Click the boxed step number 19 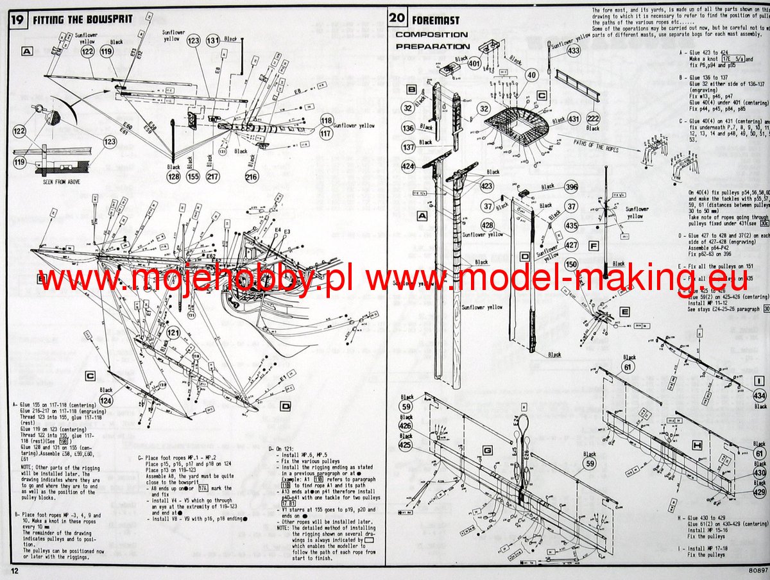coord(17,19)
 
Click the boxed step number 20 coord(398,18)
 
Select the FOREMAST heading coord(437,19)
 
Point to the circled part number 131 coord(214,40)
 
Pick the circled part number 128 coord(173,176)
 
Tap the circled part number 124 coord(107,401)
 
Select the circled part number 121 coord(173,333)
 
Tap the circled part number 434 coord(760,396)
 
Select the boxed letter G coord(487,451)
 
